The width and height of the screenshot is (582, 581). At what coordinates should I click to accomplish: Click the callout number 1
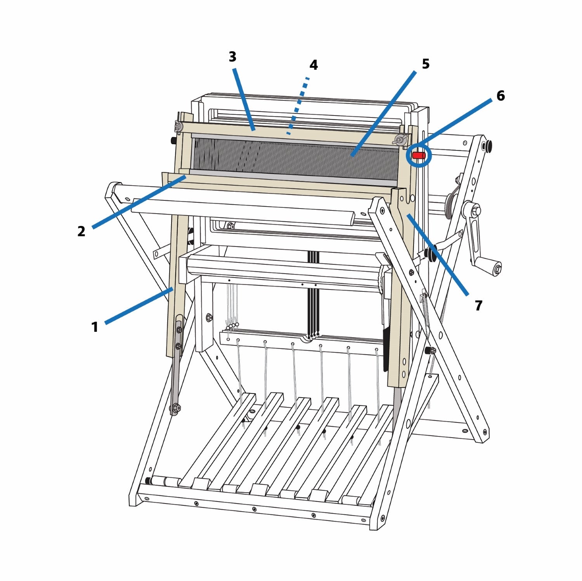(94, 327)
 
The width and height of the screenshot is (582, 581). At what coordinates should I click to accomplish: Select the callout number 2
(81, 231)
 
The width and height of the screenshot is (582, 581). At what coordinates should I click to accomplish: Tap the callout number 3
(232, 57)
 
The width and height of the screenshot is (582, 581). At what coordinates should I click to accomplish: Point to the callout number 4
(314, 65)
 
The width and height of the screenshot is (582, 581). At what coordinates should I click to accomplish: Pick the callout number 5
(426, 64)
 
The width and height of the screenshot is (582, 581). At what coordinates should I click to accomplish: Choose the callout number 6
(501, 96)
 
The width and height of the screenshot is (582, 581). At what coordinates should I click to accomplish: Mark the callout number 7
(478, 306)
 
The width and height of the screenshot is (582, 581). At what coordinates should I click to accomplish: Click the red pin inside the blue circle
(419, 155)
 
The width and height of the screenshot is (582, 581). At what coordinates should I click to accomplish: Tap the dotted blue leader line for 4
(298, 106)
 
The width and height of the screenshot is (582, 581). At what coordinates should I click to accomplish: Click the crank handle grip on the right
(496, 268)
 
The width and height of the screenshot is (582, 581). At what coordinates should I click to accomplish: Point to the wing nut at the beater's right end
(400, 139)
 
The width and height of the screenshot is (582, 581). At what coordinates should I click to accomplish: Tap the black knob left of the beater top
(173, 140)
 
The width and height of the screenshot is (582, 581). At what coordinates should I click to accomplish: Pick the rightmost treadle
(363, 453)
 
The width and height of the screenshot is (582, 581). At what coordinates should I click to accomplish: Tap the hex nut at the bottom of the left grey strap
(175, 407)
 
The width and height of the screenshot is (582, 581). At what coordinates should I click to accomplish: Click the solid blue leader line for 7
(438, 255)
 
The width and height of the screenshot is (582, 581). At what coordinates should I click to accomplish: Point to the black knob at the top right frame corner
(487, 146)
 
